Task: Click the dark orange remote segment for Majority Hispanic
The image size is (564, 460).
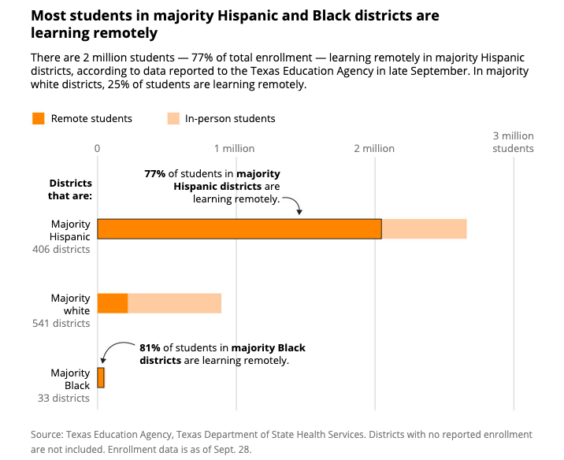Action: click(239, 228)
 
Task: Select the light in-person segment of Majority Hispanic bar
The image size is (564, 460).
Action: click(424, 228)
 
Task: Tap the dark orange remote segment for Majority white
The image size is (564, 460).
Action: click(112, 303)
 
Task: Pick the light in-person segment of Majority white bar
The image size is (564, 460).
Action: click(174, 303)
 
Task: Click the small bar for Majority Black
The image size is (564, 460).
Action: click(101, 377)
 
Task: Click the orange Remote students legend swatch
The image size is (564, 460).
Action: click(39, 119)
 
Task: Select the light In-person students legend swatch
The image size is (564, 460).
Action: click(173, 119)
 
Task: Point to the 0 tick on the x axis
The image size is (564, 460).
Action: click(97, 148)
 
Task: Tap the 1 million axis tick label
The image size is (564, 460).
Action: click(234, 148)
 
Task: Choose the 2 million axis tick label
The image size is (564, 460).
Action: click(373, 148)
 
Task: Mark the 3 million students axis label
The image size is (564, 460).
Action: click(513, 142)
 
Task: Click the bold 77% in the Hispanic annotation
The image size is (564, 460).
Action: click(154, 173)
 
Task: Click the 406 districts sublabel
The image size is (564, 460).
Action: click(61, 250)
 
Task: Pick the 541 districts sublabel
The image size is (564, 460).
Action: click(61, 324)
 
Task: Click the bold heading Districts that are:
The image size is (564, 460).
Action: click(71, 189)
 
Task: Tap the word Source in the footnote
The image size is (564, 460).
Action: click(47, 434)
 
